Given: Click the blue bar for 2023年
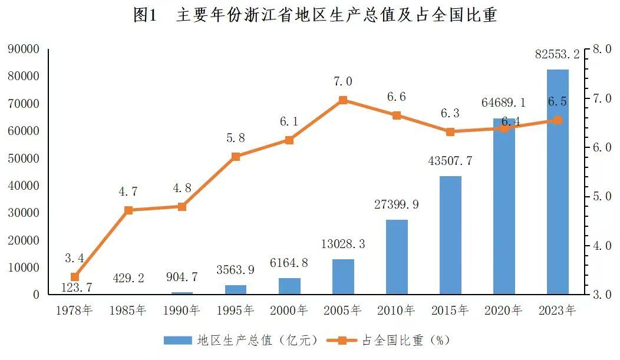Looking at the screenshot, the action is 558,182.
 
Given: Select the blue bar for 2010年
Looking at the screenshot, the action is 397,257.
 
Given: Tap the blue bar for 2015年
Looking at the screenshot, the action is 450,235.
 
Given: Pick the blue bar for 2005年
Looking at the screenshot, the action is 343,276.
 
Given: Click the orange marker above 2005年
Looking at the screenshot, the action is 343,100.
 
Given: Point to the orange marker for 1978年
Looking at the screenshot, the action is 75,276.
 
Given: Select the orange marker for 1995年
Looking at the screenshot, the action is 236,157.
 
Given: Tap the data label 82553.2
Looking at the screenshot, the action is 557,54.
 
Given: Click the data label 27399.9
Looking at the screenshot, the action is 396,204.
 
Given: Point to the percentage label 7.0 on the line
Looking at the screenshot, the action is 343,81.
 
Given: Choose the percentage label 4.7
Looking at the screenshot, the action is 128,191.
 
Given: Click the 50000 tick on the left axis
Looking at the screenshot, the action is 24,158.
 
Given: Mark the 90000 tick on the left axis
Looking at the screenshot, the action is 24,49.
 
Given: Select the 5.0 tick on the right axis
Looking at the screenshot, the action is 602,196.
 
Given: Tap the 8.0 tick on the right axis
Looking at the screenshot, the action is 602,49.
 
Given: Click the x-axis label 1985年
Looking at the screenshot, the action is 128,310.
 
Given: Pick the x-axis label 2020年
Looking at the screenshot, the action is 503,310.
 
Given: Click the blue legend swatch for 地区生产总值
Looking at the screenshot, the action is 177,340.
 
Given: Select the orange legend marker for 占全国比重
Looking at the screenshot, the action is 342,340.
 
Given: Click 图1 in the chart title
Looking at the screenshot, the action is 145,15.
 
